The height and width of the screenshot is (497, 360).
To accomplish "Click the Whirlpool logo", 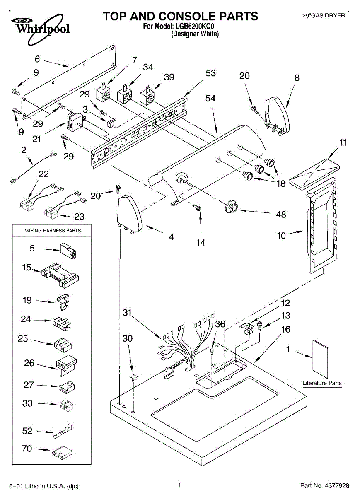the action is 41,29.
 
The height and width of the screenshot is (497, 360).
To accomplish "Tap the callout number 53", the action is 210,73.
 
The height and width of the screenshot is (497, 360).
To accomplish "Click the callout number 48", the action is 281,215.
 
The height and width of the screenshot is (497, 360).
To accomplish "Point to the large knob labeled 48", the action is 231,207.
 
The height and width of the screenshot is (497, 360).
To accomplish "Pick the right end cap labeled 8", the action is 277,116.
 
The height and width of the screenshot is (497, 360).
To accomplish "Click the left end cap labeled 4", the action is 130,213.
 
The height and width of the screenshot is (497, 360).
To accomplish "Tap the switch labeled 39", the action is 147,95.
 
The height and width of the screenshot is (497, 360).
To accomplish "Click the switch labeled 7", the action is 103,93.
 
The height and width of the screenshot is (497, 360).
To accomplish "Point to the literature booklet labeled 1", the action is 321,359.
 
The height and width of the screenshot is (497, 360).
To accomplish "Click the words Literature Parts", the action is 322,383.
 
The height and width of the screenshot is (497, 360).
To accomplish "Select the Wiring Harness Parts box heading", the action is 53,231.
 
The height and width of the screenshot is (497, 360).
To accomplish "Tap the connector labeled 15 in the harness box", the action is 60,275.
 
